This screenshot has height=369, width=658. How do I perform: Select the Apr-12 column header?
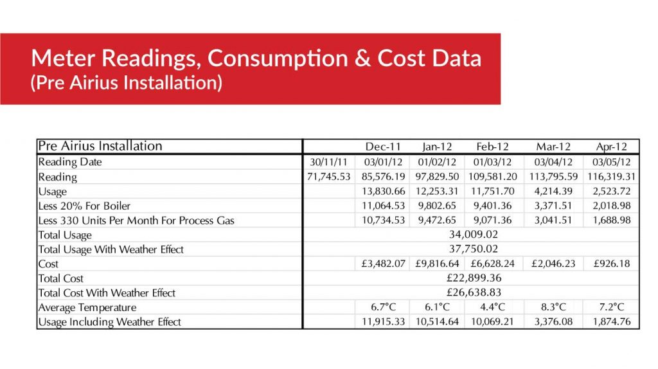611,147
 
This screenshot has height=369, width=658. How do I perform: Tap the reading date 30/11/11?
328,162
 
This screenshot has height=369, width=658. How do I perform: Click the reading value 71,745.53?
328,177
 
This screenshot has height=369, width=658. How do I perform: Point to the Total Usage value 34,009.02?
474,235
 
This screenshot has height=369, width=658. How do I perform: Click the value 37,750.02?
474,249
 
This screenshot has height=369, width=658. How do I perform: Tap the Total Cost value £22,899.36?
474,278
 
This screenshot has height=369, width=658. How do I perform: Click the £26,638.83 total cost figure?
474,292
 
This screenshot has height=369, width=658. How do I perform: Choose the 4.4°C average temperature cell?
493,307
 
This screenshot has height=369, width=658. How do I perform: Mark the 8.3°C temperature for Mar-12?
552,307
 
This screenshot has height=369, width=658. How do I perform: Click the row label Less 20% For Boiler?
84,206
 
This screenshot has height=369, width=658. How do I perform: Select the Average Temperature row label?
87,307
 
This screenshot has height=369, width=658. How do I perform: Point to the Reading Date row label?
70,162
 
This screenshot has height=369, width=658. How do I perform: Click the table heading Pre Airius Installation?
100,146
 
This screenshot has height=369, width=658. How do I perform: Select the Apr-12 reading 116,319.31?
611,177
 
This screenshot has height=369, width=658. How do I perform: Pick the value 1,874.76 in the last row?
611,321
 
